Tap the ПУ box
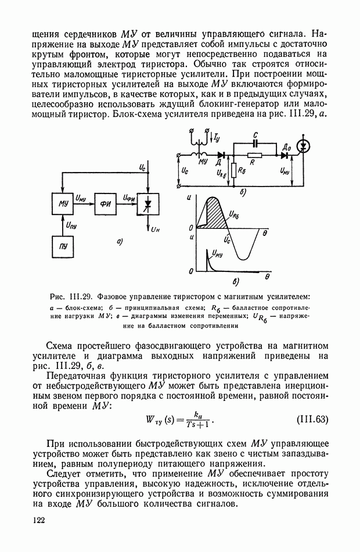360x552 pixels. tap(63, 246)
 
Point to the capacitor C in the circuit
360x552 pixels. tap(255, 142)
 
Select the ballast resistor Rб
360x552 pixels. tap(232, 171)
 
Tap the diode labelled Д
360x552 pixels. tap(220, 155)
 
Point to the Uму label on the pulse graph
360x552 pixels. tap(217, 253)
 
